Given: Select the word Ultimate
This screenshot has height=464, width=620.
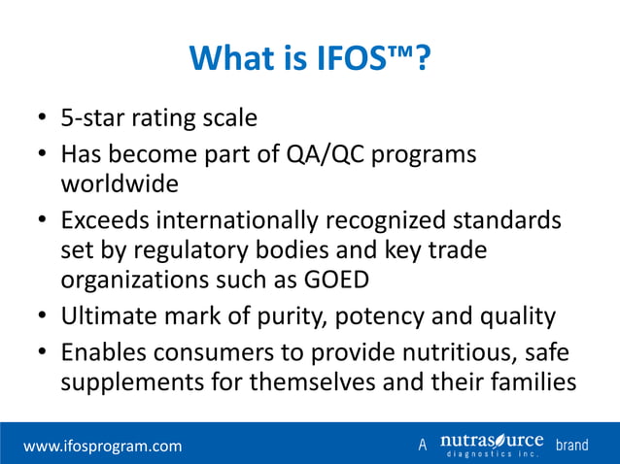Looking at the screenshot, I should (106, 315).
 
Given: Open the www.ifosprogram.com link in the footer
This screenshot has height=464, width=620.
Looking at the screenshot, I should (102, 446).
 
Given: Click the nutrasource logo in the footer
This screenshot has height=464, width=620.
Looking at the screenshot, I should (491, 445).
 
